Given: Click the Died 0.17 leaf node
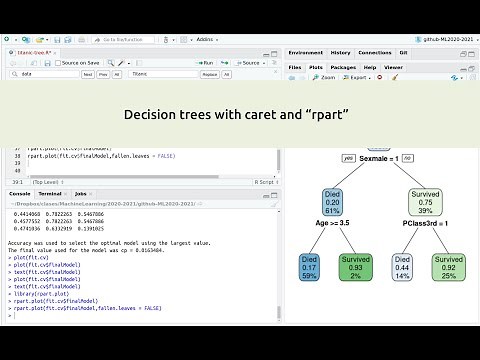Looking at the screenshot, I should (310, 267).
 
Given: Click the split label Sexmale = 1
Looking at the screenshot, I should (379, 159).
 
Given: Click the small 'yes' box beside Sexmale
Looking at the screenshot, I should (348, 158).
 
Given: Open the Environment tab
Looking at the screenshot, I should (305, 52).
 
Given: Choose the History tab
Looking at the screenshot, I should (340, 52).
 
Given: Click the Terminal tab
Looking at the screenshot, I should (50, 193).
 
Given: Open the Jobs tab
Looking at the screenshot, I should (80, 193).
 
